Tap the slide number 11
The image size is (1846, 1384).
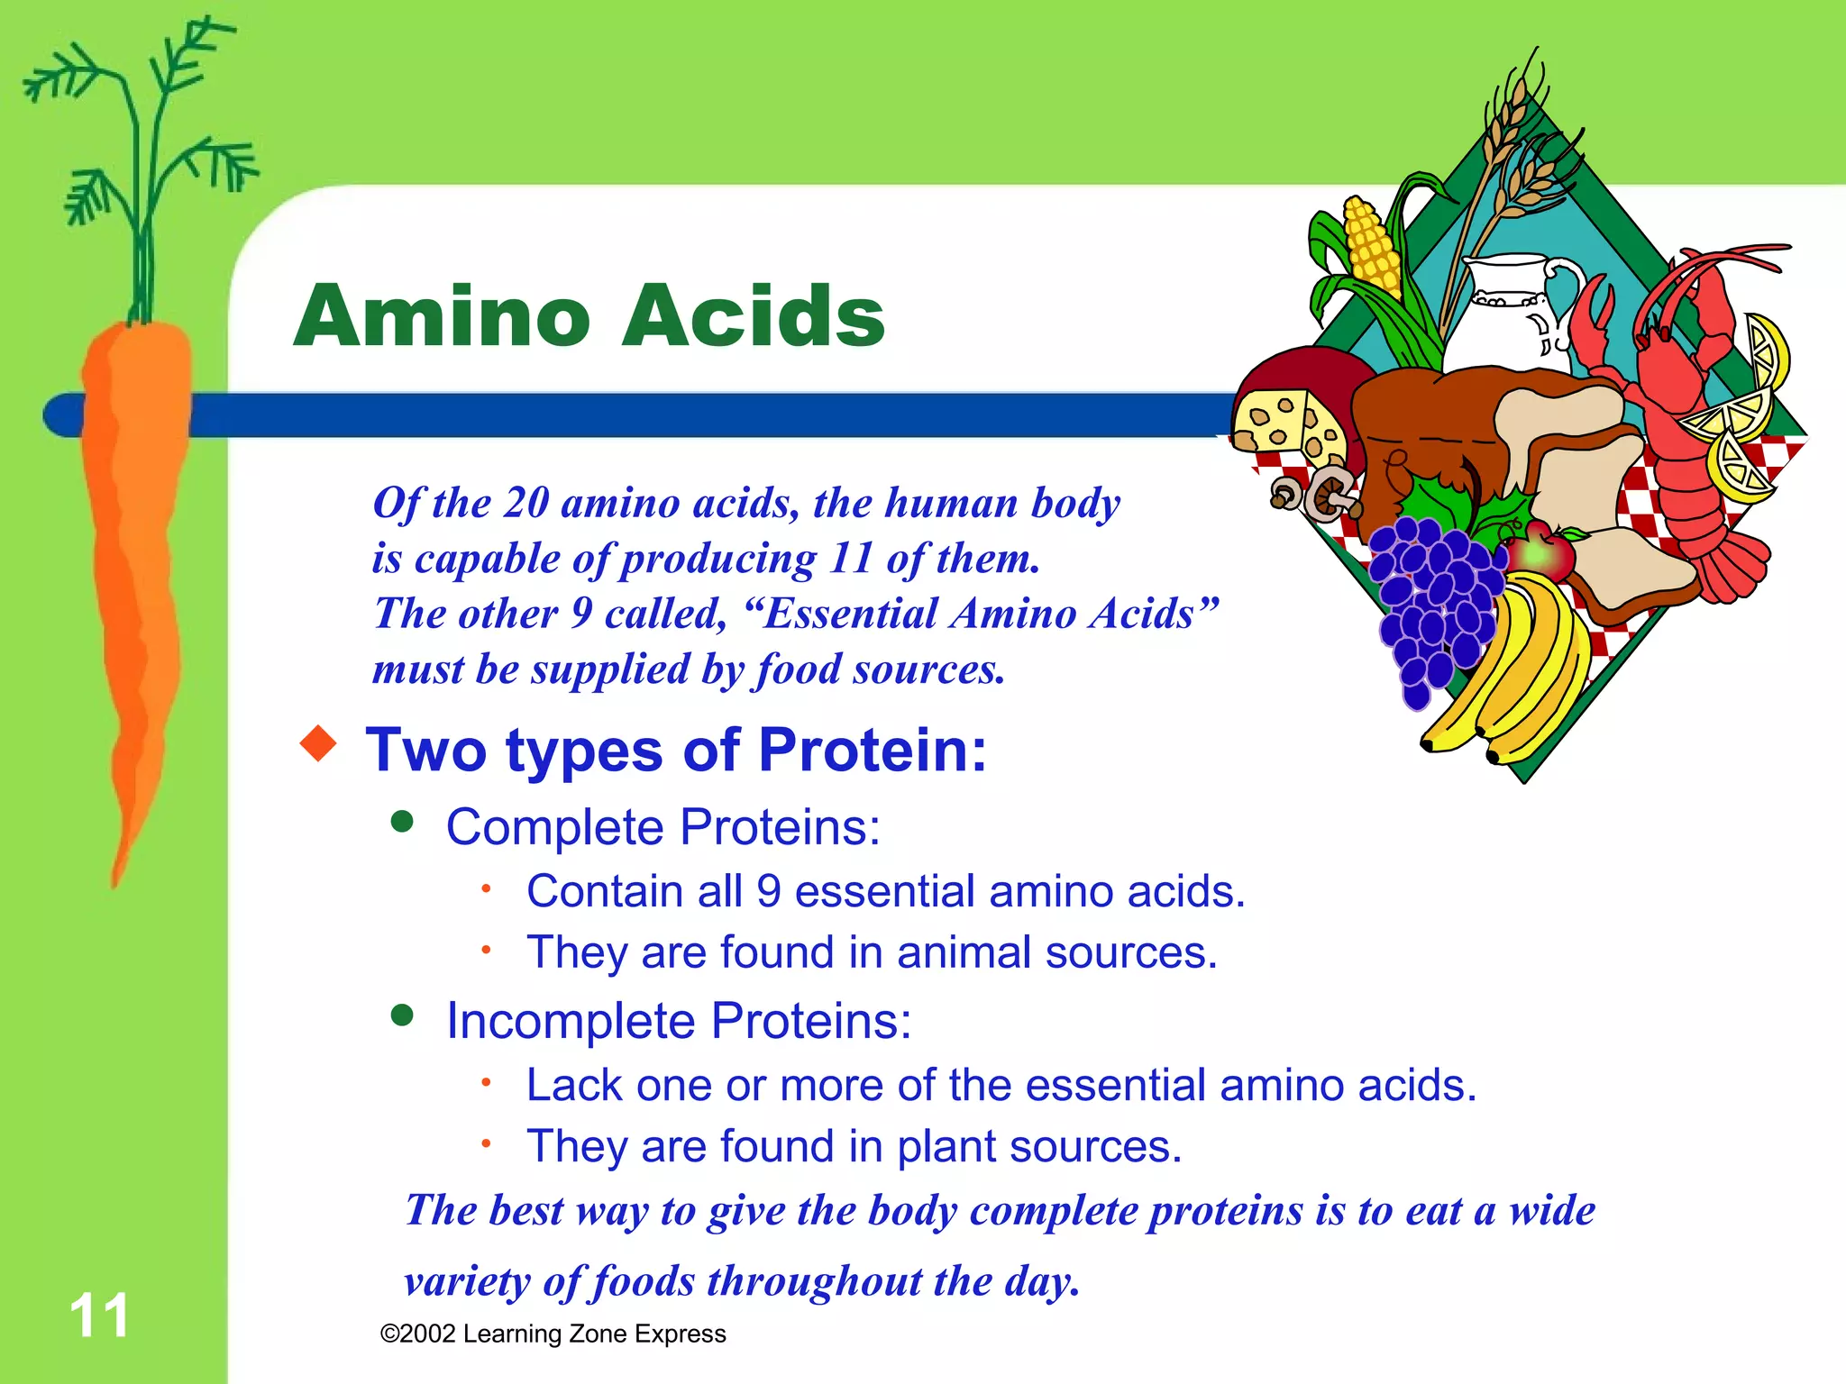click(99, 1316)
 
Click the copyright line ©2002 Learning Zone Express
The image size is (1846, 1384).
click(553, 1334)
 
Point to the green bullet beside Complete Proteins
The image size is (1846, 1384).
click(402, 822)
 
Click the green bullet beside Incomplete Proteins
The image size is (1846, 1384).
click(402, 1015)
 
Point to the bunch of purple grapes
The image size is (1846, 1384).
click(1433, 604)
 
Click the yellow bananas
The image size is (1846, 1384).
click(1523, 676)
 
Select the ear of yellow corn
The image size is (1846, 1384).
click(1372, 248)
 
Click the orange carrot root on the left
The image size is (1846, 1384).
click(135, 541)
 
